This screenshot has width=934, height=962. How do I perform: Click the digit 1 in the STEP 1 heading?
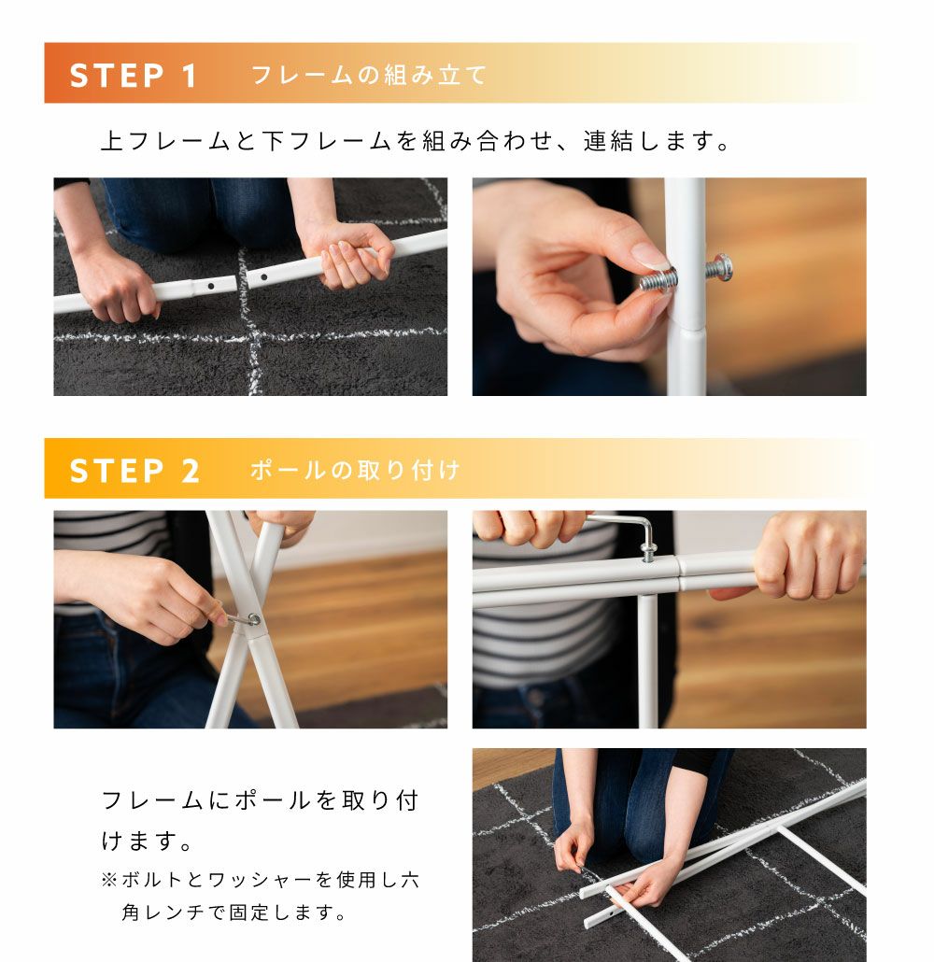[189, 76]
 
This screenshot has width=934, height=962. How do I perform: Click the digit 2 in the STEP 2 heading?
[191, 471]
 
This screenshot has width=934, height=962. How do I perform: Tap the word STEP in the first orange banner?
[117, 76]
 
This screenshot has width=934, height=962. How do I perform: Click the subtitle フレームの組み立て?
[369, 76]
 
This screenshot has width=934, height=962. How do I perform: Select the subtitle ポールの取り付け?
[355, 470]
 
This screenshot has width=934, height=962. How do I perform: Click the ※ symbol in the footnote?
[109, 880]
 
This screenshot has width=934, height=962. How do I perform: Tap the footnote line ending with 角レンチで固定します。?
[233, 912]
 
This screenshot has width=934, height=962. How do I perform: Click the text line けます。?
[147, 841]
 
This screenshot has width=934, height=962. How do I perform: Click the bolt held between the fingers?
[659, 279]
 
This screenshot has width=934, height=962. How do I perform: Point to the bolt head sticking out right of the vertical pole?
[719, 267]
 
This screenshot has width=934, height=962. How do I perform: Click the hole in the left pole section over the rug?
[210, 286]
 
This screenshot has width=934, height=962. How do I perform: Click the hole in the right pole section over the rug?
[264, 277]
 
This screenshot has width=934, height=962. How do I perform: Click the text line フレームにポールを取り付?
[261, 800]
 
